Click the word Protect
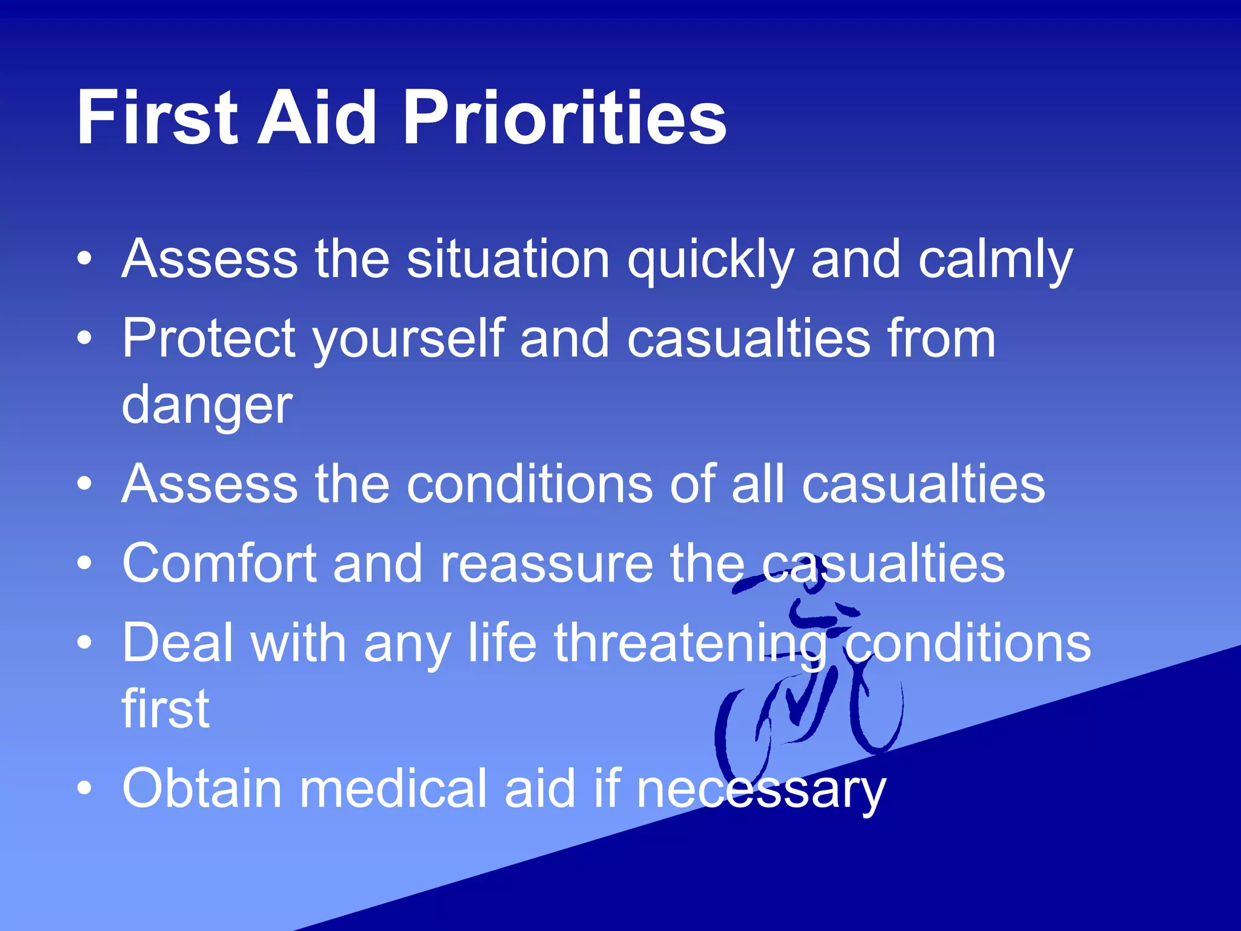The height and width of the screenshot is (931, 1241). tap(209, 339)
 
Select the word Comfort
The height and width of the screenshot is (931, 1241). tap(219, 564)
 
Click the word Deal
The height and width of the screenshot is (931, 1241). tap(178, 644)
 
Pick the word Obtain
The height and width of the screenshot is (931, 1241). tap(202, 789)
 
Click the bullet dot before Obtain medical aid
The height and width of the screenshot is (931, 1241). tap(85, 788)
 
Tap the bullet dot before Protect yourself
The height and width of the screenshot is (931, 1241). tap(85, 338)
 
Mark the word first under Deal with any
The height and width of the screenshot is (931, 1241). tap(165, 709)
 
